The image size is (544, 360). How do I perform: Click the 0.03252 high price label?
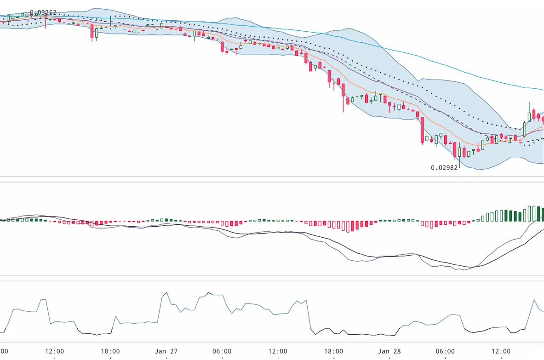44,12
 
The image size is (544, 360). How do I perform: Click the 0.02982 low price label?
444,168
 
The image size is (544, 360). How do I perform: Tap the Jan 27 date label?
166,351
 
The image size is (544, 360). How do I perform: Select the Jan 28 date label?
389,351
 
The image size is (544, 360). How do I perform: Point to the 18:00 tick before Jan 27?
110,351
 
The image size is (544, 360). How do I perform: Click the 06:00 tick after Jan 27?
222,351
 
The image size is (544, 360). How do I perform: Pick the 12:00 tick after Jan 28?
501,351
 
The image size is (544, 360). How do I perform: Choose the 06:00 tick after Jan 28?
445,351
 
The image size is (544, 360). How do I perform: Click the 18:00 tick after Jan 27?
333,351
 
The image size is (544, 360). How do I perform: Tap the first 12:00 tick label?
55,351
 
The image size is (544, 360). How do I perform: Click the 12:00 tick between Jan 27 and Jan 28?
278,351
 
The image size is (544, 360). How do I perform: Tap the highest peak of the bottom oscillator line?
166,292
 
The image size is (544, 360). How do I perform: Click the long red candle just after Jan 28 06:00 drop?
422,131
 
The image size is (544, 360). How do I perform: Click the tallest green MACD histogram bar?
534,213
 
